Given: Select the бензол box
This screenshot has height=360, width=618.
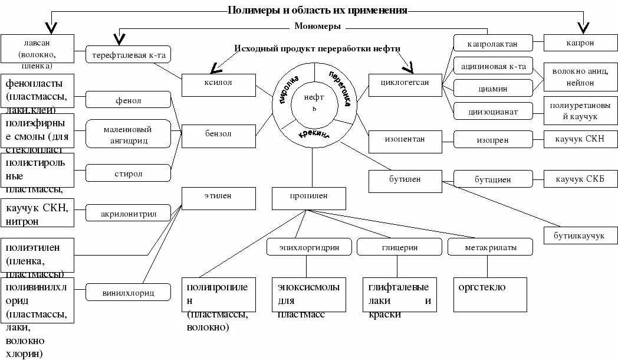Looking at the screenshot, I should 218,135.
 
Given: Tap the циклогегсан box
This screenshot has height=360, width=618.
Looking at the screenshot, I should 406,84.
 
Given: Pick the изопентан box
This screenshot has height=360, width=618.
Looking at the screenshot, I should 406,141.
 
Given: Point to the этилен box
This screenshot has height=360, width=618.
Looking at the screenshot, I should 218,198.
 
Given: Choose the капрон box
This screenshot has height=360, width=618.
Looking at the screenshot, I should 581,43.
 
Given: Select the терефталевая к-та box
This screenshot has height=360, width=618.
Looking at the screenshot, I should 128,55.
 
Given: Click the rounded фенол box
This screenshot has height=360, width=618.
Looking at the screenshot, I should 128,100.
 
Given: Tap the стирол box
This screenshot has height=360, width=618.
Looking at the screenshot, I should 128,173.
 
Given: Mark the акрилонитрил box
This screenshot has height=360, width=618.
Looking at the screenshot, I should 128,213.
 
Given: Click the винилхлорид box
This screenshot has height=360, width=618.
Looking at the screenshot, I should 128,292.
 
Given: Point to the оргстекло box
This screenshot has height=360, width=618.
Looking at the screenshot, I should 489,294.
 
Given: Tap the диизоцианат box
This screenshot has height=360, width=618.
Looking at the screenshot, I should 493,110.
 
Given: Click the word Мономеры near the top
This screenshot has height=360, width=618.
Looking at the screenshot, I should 317,27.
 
